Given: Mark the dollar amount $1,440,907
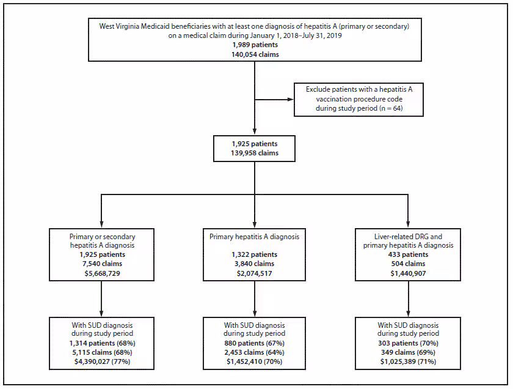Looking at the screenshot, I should pyautogui.click(x=409, y=273).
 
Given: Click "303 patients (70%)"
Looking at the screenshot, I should pyautogui.click(x=409, y=344).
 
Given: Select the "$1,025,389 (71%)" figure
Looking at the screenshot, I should pyautogui.click(x=409, y=362).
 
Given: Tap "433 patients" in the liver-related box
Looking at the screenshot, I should pyautogui.click(x=409, y=254).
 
